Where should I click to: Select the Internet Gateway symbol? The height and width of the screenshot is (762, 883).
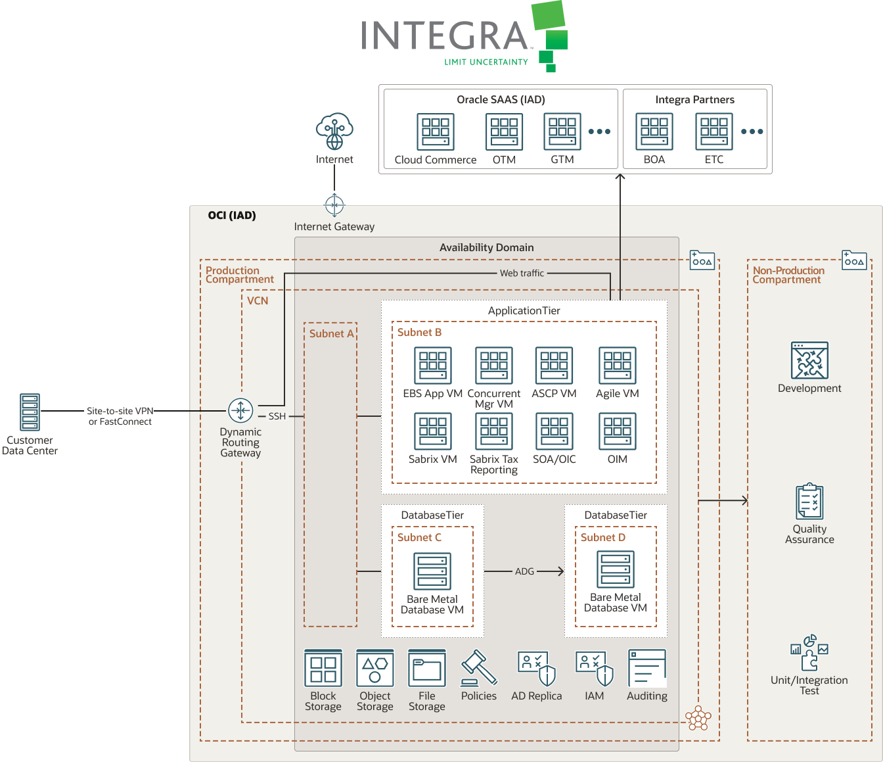point(334,205)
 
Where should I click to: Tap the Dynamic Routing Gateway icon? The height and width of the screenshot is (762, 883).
point(240,411)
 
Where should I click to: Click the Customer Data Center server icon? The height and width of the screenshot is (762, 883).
point(30,412)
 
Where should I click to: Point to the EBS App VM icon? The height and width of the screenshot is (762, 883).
point(432,366)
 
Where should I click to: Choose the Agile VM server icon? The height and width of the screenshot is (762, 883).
point(617,366)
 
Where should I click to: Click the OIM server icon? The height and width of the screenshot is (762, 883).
point(617,431)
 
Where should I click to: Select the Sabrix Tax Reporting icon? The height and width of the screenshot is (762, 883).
point(493,431)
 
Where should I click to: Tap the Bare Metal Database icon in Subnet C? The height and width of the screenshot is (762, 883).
point(432,571)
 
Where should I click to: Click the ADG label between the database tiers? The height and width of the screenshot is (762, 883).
point(524,571)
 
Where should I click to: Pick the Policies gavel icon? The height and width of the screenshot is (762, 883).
point(478,668)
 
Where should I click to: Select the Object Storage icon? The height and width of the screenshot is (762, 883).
point(374,668)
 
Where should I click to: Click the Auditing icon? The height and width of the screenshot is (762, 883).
point(647,668)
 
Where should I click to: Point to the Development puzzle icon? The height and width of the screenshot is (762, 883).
point(809,360)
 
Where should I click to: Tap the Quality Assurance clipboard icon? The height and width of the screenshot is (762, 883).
point(809,502)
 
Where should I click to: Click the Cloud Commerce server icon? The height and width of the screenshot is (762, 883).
point(436,131)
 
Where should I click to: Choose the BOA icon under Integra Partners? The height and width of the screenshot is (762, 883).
point(654,131)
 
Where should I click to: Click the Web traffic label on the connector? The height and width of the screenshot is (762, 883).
point(522,273)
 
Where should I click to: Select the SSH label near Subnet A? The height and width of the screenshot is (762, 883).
point(277,416)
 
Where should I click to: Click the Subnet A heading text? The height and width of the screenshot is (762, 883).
point(331,333)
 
